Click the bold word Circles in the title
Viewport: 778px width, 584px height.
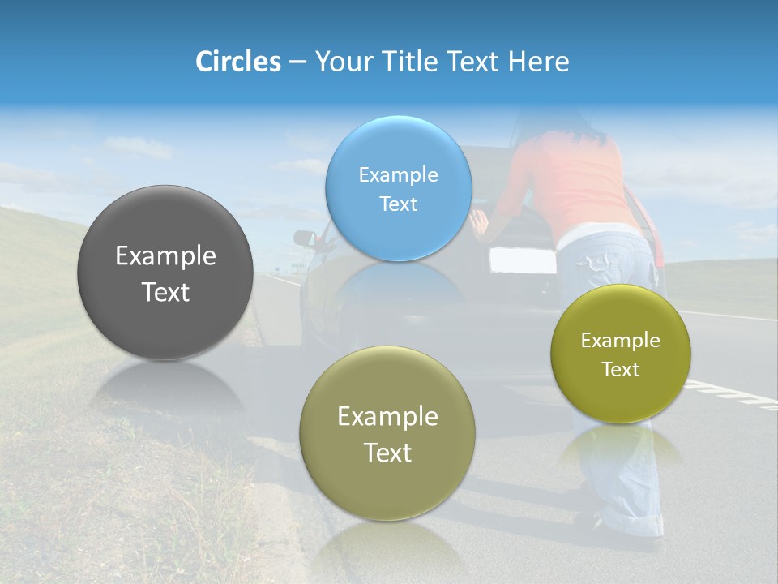[237, 62]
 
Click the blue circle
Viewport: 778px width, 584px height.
[398, 188]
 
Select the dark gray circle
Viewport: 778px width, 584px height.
[165, 272]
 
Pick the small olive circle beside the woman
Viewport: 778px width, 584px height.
[620, 354]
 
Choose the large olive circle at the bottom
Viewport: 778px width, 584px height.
[387, 433]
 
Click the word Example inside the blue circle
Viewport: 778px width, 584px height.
[398, 174]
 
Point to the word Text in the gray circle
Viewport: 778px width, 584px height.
[165, 292]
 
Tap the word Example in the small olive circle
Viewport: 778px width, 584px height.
[620, 340]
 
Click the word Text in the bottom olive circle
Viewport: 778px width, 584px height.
[387, 452]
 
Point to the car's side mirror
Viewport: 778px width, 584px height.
[305, 238]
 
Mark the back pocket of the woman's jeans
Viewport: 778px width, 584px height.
[601, 261]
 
